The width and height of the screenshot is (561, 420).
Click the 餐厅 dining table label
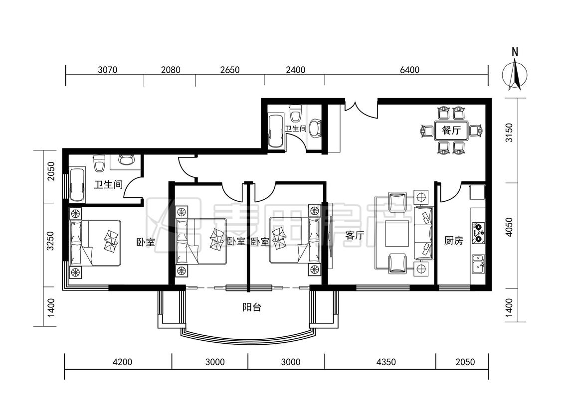(451, 131)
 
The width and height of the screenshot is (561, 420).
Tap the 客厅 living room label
(355, 235)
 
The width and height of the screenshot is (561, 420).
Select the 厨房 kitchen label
(453, 241)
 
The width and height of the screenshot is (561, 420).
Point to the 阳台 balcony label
(251, 307)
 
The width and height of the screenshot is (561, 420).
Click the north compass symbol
(515, 73)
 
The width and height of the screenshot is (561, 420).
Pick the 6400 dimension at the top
(409, 69)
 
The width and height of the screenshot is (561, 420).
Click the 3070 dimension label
(107, 69)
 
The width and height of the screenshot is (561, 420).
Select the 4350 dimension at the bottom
(386, 362)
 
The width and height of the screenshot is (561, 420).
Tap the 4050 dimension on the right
(509, 227)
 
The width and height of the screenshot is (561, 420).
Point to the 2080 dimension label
(171, 69)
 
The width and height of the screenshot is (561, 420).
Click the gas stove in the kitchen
(478, 232)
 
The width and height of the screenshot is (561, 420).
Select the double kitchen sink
(478, 264)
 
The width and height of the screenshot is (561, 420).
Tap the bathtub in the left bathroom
(78, 184)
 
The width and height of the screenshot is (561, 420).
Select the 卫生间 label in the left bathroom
(108, 184)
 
